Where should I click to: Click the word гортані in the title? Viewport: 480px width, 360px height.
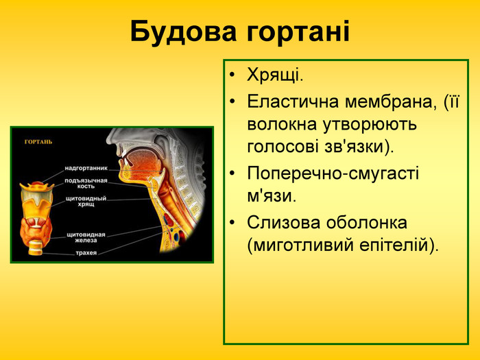[x=296, y=31]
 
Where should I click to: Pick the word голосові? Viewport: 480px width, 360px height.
[x=283, y=147]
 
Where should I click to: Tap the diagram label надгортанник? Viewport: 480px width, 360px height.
[x=86, y=167]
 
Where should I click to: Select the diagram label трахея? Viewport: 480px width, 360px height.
[x=86, y=254]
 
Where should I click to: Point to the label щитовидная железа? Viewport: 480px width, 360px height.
[x=86, y=237]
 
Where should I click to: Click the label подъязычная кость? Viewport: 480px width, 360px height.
[x=86, y=182]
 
